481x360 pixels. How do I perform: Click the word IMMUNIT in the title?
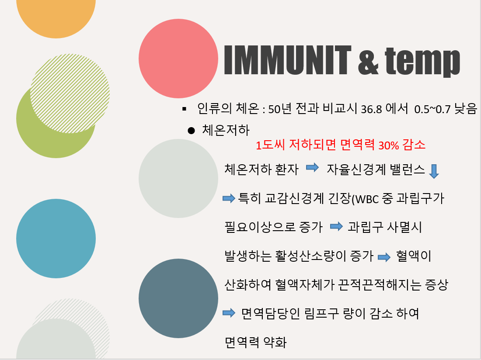click(x=287, y=60)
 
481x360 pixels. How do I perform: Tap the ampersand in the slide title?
click(x=368, y=60)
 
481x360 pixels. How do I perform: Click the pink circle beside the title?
click(x=178, y=59)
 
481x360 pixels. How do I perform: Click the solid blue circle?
click(x=56, y=239)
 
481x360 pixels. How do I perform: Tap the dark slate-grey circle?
click(x=178, y=298)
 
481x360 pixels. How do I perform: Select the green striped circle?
click(x=70, y=93)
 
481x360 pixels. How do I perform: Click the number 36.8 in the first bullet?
click(x=371, y=109)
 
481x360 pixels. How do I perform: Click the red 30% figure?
click(x=388, y=145)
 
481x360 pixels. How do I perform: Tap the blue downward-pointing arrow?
click(x=434, y=171)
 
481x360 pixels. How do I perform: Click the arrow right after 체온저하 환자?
click(x=313, y=167)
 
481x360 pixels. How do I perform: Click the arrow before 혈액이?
click(x=384, y=257)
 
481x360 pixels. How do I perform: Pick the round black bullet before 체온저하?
click(x=191, y=131)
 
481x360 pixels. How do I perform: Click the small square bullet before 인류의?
click(x=184, y=109)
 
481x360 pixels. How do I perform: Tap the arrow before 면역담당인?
click(x=229, y=313)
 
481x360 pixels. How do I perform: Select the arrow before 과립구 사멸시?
click(x=337, y=227)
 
